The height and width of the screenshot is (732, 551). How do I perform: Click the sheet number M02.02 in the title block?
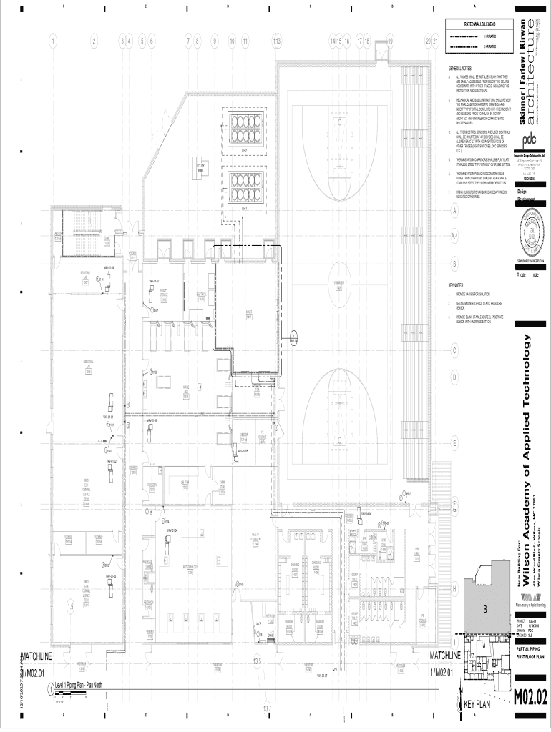pyautogui.click(x=531, y=696)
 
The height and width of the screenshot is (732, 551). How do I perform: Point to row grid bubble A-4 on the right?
pyautogui.click(x=454, y=234)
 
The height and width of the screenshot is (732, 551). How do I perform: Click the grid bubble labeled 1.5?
pyautogui.click(x=69, y=608)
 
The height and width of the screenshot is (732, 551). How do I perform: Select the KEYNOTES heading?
pyautogui.click(x=456, y=285)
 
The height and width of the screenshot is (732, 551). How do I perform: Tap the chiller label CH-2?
pyautogui.click(x=244, y=151)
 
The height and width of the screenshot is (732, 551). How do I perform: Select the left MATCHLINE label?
pyautogui.click(x=36, y=656)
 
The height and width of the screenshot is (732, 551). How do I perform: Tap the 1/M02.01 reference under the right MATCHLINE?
pyautogui.click(x=442, y=673)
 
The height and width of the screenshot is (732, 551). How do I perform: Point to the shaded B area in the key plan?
pyautogui.click(x=484, y=608)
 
